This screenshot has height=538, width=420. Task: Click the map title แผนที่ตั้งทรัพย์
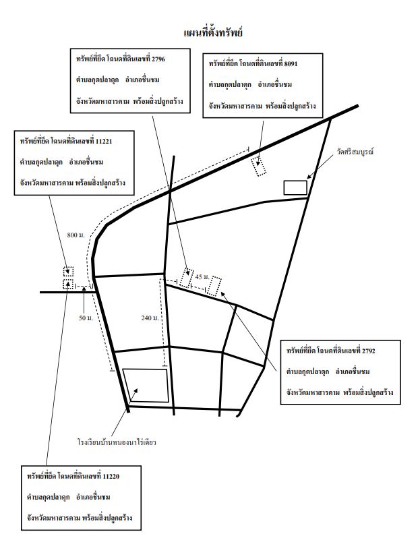coord(213,32)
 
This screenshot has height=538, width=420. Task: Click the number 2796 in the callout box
coord(158,59)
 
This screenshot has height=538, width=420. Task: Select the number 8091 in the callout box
coord(291,63)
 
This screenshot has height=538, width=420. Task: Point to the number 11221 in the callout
coord(104,141)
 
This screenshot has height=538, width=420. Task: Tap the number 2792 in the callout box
coord(368,351)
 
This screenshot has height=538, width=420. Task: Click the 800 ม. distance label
coord(76,235)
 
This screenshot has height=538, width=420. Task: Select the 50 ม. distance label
coord(86,318)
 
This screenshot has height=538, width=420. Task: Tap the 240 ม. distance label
coord(150,318)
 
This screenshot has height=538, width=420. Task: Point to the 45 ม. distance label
coord(202,276)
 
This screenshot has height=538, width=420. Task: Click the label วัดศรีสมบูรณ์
coord(355,152)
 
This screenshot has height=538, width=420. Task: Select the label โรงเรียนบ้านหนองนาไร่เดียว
coord(117,442)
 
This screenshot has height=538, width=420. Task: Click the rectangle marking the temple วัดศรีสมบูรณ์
coord(295,187)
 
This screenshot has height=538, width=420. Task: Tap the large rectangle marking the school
coord(146,386)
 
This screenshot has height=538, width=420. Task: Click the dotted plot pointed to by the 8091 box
coord(259,167)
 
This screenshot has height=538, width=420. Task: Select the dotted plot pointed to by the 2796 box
coord(187,278)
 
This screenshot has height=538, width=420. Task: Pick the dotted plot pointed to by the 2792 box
coord(214,286)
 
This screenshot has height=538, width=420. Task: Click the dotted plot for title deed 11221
coord(68,271)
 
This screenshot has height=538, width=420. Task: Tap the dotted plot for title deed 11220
coord(68,284)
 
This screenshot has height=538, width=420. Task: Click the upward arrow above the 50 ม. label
coord(84,299)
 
